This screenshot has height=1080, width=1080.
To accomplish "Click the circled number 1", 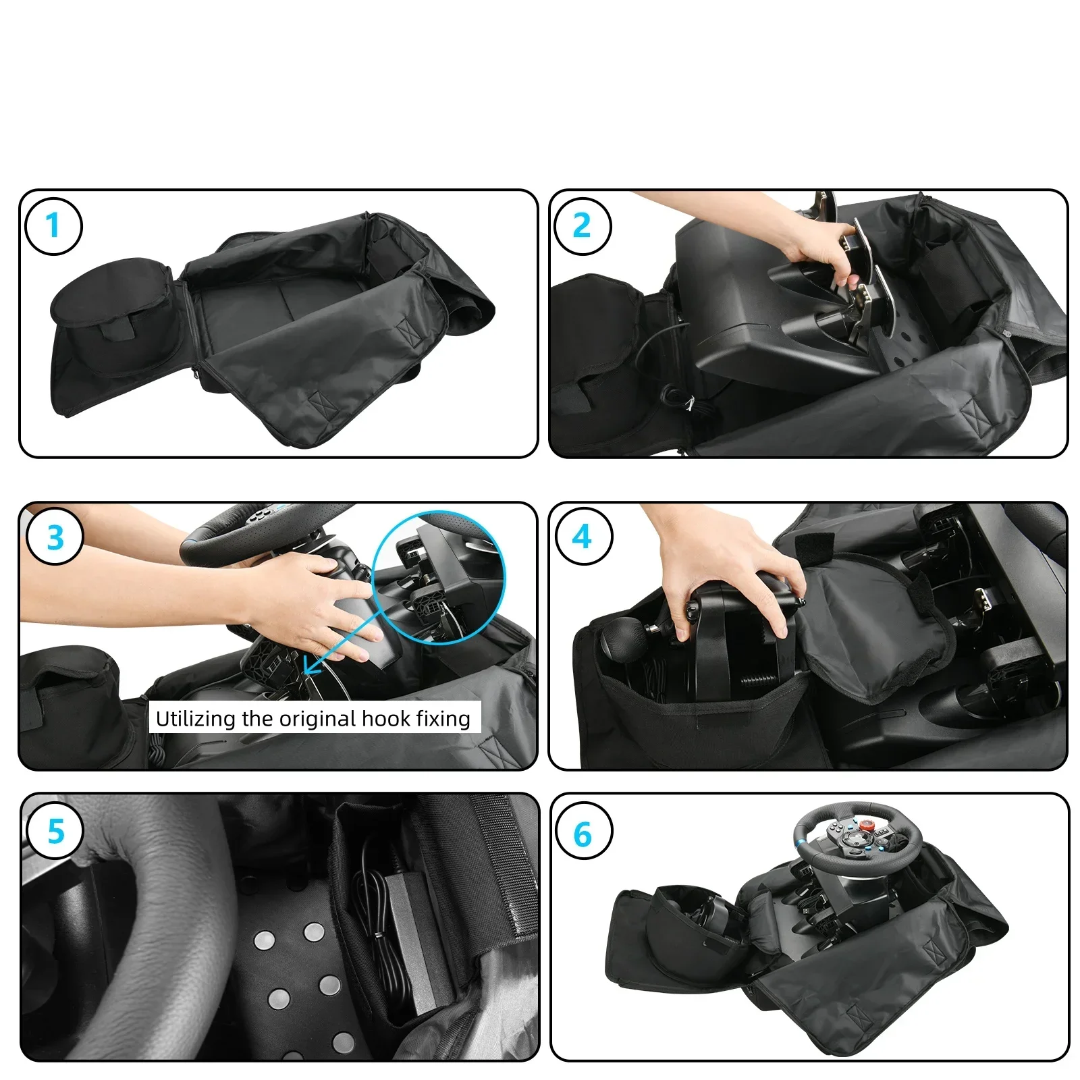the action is [53, 225].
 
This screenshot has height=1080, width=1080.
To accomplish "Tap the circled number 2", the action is [583, 225].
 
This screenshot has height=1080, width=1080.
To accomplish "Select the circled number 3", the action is [55, 538].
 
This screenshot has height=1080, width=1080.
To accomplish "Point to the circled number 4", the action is [584, 537].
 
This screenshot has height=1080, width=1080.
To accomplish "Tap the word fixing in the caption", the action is [443, 719].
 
